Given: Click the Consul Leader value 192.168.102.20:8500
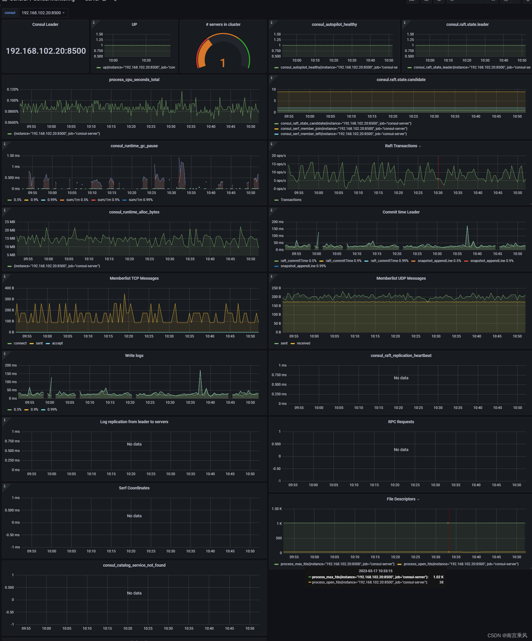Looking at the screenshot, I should point(46,51).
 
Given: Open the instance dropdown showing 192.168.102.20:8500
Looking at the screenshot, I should point(43,13).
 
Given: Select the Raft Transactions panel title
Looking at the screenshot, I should point(401,146).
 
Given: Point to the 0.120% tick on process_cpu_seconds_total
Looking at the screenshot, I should point(12,89).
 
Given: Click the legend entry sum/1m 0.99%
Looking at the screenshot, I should point(141,200).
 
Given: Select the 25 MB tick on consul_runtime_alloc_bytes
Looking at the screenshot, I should point(10,222).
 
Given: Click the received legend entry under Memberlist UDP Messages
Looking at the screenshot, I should point(303,343).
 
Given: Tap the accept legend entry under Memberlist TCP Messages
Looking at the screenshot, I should point(57,343).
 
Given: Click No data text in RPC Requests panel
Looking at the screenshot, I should point(401,450).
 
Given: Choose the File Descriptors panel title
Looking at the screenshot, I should point(401,499).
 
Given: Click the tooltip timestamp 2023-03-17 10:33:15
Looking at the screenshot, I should point(375,571).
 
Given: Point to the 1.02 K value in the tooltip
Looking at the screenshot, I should point(438,577).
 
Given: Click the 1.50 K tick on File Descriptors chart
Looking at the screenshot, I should point(276,509).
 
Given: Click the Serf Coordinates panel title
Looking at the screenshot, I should point(134,488).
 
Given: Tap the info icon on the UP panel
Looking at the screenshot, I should point(94,23).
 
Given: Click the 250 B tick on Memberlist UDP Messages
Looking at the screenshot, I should point(276,288).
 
